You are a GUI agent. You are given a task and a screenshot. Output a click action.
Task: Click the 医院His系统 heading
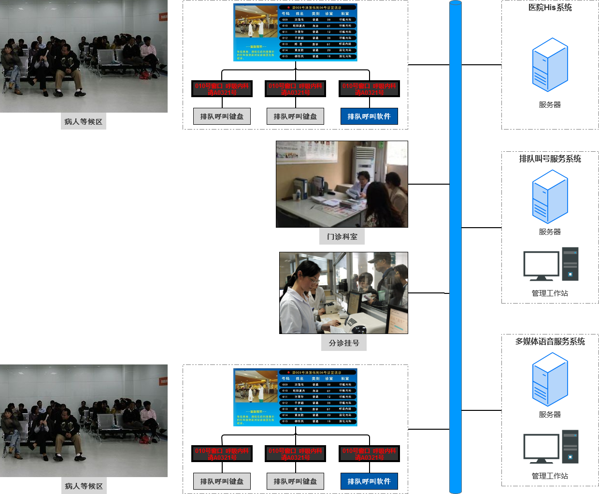click(550, 8)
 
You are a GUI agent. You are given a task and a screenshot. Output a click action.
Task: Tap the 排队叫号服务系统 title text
click(550, 159)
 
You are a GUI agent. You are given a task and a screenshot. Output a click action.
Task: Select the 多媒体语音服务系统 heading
click(550, 342)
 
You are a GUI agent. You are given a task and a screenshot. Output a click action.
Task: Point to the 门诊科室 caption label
click(342, 237)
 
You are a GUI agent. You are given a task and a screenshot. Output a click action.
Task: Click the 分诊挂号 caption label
click(344, 343)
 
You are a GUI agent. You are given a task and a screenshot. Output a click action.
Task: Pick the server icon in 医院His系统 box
click(550, 65)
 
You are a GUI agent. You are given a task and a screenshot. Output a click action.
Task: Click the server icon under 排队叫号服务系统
click(550, 197)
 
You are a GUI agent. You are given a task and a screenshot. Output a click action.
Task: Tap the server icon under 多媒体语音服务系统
click(550, 379)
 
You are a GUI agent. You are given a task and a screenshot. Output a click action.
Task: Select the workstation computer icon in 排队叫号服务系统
click(551, 264)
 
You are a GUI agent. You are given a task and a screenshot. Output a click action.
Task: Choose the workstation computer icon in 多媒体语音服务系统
click(551, 447)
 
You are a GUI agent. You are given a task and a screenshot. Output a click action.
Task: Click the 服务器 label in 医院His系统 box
click(550, 105)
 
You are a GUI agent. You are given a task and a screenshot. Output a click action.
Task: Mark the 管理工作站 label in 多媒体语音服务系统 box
click(550, 476)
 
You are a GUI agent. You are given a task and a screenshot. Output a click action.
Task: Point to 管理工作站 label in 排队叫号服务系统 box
click(550, 293)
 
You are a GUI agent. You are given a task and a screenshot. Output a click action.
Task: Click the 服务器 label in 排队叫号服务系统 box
click(550, 232)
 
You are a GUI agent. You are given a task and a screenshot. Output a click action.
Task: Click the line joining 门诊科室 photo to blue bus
click(428, 184)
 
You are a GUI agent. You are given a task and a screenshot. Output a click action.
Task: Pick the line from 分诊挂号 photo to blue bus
click(428, 293)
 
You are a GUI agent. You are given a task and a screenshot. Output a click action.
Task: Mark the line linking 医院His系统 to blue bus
click(481, 65)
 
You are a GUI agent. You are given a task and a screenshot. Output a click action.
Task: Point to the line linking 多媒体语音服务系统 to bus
click(481, 410)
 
